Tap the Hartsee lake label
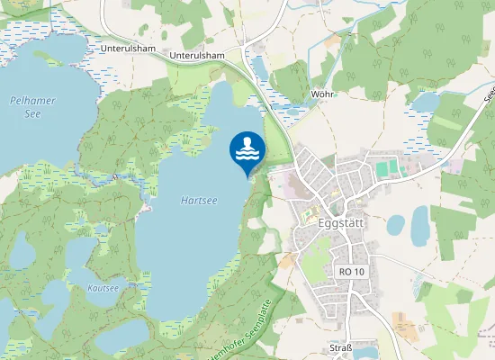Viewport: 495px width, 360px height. pyautogui.click(x=198, y=199)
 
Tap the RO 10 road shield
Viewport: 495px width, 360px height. pyautogui.click(x=351, y=271)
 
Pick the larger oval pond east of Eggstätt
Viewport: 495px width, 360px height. pyautogui.click(x=420, y=225)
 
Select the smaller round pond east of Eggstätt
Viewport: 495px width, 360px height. pyautogui.click(x=395, y=225)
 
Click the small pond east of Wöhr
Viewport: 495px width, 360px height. pyautogui.click(x=424, y=102)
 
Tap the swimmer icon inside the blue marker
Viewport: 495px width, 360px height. pyautogui.click(x=247, y=148)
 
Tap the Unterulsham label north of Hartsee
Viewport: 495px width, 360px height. pyautogui.click(x=196, y=55)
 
